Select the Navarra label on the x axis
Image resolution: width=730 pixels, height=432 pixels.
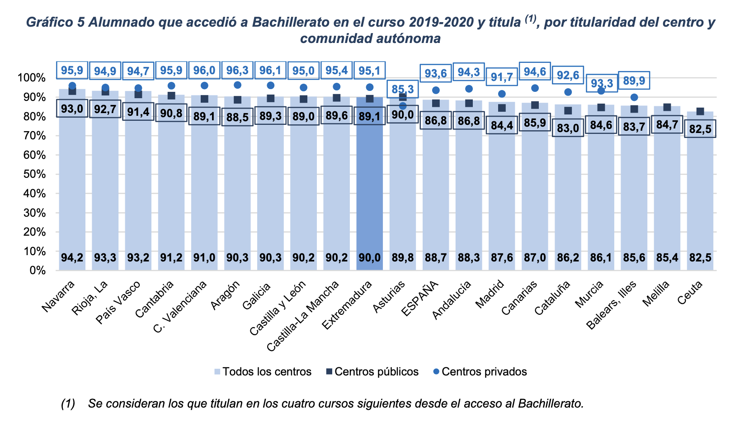(58, 296)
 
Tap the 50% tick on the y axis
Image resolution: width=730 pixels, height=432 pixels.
(31, 175)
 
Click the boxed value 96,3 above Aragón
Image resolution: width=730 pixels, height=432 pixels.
(237, 71)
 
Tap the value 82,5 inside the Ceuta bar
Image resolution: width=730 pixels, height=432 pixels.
(700, 258)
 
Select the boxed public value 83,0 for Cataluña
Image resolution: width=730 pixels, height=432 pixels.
(568, 128)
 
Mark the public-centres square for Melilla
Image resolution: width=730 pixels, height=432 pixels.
(667, 107)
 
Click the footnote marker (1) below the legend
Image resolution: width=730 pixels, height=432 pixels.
(68, 404)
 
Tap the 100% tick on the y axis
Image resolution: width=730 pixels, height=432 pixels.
(31, 78)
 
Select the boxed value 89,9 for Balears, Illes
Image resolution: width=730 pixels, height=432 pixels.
(634, 81)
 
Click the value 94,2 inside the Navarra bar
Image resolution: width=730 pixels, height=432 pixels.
(72, 258)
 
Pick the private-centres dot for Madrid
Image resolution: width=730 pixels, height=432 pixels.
(502, 94)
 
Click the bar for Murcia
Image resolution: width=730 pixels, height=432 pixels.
(601, 190)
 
